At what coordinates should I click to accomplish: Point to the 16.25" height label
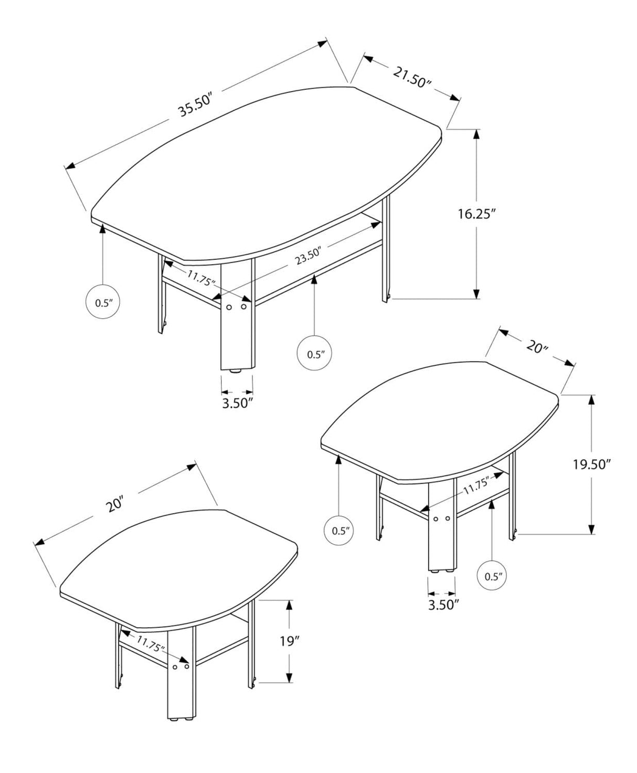coord(476,214)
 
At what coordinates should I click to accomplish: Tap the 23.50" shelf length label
coord(307,256)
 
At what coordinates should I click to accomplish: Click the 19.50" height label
coord(592,464)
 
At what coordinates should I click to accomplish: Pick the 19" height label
coord(289,641)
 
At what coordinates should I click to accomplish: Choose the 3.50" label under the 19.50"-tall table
coord(443,604)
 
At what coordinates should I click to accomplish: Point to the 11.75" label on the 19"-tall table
coord(151,643)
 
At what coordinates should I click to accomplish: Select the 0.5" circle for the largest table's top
coord(103,302)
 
